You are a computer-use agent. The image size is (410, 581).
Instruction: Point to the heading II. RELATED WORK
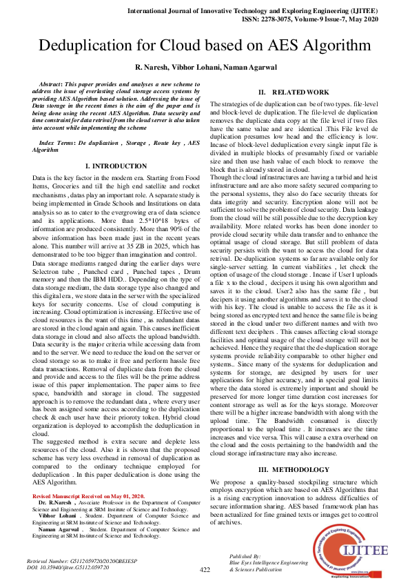[x=294, y=92]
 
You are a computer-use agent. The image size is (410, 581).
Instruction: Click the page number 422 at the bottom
[x=205, y=569]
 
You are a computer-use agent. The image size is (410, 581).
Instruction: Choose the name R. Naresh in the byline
[x=156, y=66]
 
